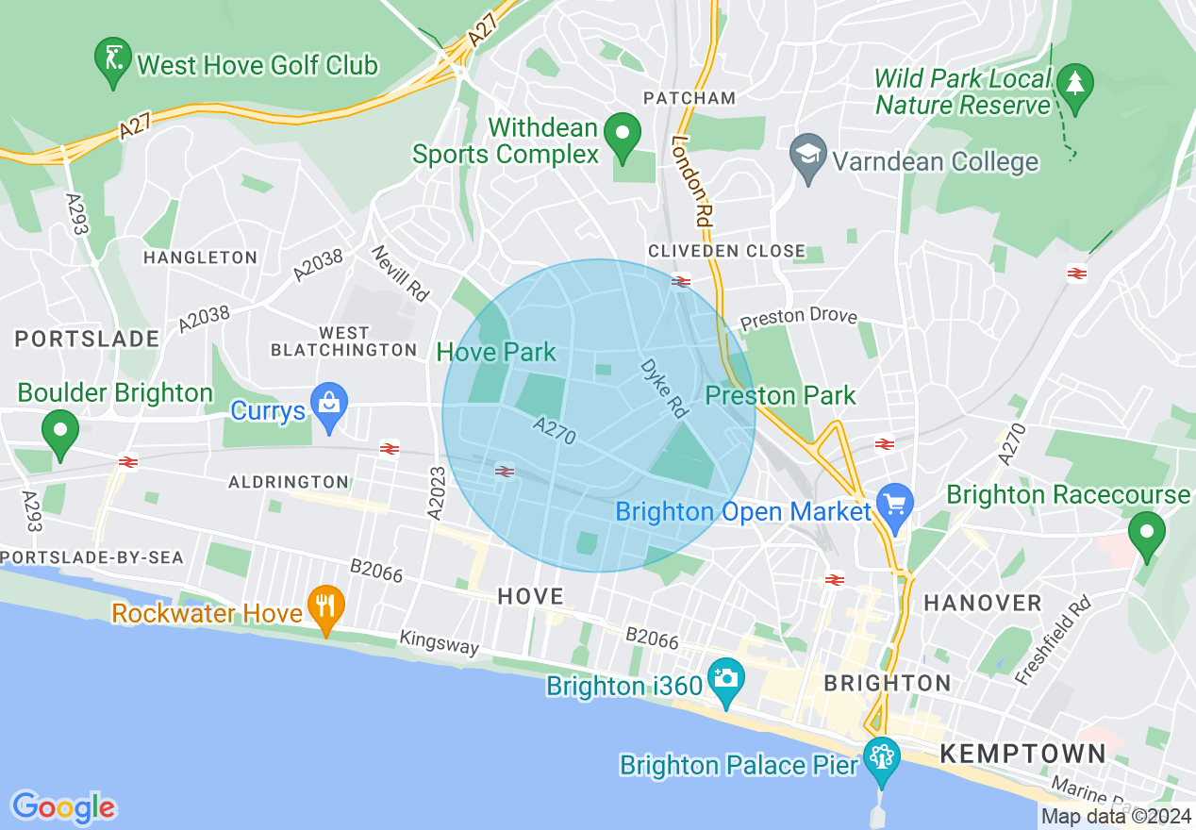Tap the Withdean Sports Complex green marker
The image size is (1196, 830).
point(622,135)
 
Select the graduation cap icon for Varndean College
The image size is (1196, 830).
point(808,158)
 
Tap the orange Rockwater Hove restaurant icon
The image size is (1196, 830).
point(326,608)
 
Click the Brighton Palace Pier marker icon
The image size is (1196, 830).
point(882,759)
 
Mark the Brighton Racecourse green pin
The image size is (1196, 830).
point(1147,534)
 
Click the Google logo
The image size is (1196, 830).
point(63,807)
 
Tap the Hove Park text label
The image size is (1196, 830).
point(496,353)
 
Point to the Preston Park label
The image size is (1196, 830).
point(780,395)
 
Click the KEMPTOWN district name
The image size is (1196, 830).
point(1022,754)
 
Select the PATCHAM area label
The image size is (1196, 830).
point(689,98)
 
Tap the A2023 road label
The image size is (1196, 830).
point(435,492)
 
